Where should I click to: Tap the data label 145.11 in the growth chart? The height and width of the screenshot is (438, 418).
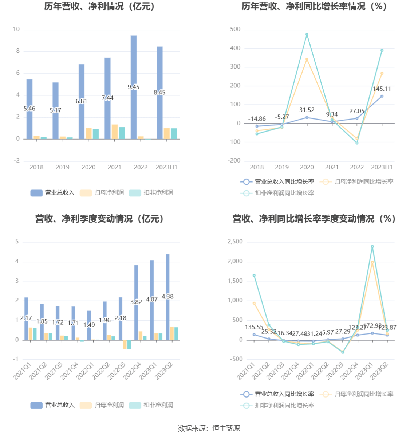(x=382, y=89)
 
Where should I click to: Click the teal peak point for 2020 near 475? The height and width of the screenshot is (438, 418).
(x=307, y=35)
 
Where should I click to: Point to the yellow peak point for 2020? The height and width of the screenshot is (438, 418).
(x=307, y=59)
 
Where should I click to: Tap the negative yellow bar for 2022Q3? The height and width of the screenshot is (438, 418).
(x=125, y=344)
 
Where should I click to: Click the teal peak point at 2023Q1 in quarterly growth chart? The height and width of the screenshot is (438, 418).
(x=372, y=247)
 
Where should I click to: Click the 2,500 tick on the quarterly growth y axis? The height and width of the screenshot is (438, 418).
(x=235, y=242)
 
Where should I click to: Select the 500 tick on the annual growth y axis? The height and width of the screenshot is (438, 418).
(x=235, y=29)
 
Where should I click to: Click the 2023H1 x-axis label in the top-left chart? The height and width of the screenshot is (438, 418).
(x=166, y=167)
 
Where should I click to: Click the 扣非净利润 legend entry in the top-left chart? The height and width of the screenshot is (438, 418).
(x=158, y=193)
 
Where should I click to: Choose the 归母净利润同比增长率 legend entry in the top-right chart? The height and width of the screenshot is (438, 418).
(x=363, y=182)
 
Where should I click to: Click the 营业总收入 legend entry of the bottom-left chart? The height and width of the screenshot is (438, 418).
(x=59, y=405)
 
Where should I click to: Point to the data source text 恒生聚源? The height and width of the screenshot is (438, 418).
(x=226, y=429)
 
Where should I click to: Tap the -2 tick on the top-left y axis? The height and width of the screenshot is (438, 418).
(x=17, y=161)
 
